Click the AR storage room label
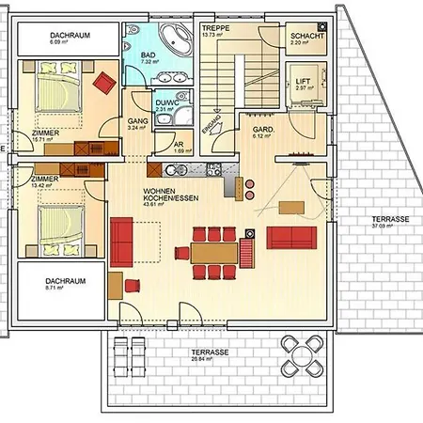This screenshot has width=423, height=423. coord(180,145)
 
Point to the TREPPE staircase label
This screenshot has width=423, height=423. coord(217,30)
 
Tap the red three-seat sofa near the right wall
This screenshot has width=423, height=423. coord(294,236)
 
